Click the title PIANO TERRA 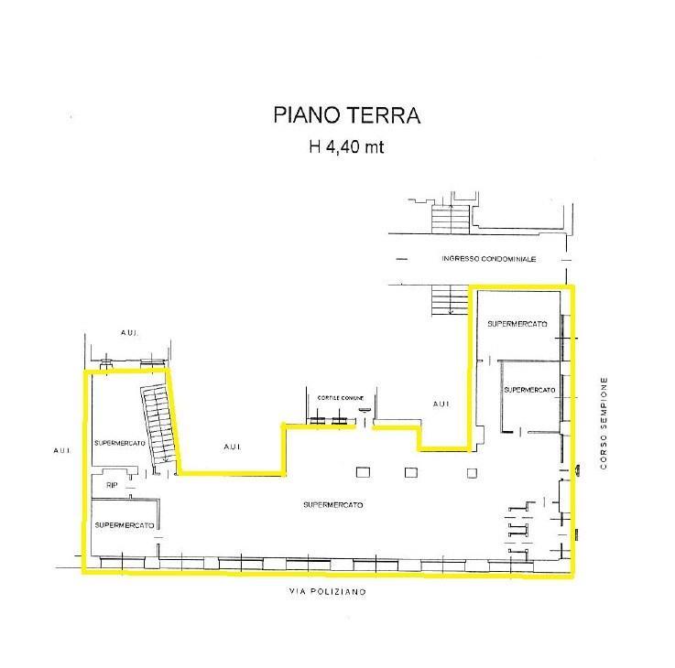click(x=346, y=115)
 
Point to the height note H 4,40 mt click(x=346, y=147)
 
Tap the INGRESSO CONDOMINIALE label click(x=488, y=259)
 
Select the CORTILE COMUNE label click(x=341, y=398)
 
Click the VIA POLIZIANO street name click(x=328, y=592)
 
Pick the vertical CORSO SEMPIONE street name click(x=604, y=423)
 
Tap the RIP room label click(x=112, y=485)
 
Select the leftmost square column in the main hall click(x=363, y=472)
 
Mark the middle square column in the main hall click(x=411, y=472)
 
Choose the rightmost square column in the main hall click(x=472, y=473)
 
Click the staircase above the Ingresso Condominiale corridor click(x=451, y=220)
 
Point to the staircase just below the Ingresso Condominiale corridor click(x=451, y=299)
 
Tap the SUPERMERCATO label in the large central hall click(x=333, y=505)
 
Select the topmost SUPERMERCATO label click(x=517, y=324)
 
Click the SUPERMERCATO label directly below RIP click(x=125, y=525)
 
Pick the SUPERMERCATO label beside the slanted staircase click(x=120, y=443)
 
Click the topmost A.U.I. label click(x=129, y=332)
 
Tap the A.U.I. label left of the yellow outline click(x=62, y=450)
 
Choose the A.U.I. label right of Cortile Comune click(x=441, y=404)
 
